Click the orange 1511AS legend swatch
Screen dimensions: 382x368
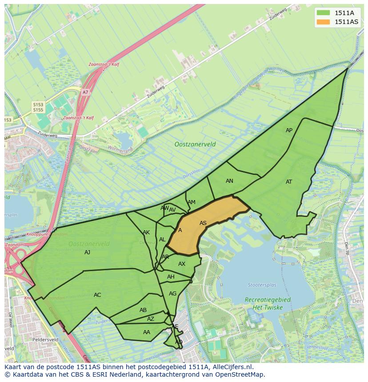tap(323, 22)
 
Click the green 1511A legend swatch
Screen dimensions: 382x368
tap(323, 12)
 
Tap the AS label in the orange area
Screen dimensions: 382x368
tap(203, 223)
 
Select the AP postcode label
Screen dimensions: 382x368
tap(289, 130)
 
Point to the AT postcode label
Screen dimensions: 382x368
tap(289, 182)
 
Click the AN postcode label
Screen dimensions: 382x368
tap(229, 181)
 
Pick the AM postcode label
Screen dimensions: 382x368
tap(192, 202)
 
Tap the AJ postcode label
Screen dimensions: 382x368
tap(87, 252)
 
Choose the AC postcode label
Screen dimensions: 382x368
tap(97, 295)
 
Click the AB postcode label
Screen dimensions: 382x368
tap(143, 310)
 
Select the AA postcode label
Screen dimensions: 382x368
tap(147, 332)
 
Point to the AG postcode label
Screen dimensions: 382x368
tap(173, 294)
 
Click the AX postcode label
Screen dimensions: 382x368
tap(182, 264)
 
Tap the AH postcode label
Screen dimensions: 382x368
tap(171, 277)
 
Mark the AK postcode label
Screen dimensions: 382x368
tap(146, 232)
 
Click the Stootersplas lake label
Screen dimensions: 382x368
tap(262, 285)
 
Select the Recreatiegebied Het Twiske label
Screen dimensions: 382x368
tap(268, 303)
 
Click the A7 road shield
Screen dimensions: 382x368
tap(85, 92)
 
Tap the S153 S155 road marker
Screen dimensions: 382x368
tap(38, 106)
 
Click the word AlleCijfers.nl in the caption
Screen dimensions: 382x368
tap(232, 367)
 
